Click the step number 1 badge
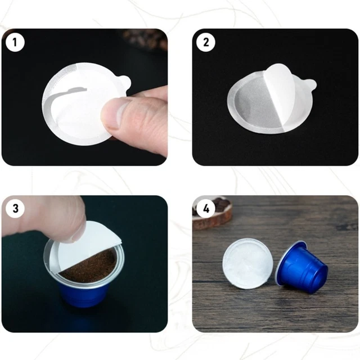pos(15,42)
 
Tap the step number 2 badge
pos(206,42)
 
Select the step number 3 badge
pos(15,209)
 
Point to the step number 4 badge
pos(206,209)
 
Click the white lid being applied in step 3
pos(90,242)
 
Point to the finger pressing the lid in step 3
pos(45,217)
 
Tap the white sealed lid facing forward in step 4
pos(248,264)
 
